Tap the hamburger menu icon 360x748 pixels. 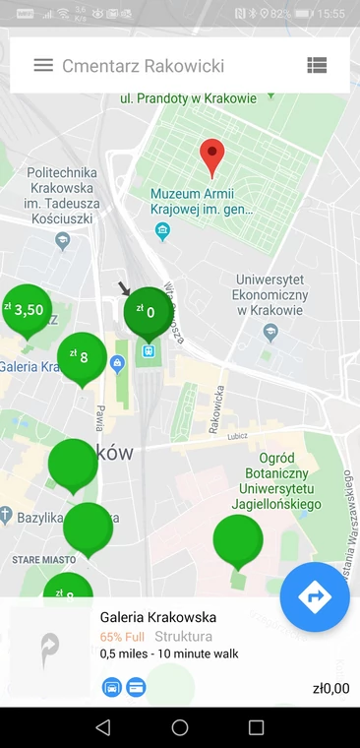(x=43, y=66)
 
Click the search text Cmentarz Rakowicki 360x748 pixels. (x=143, y=66)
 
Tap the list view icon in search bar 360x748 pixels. (x=316, y=66)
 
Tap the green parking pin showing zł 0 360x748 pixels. (x=148, y=313)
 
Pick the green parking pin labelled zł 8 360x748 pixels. (x=82, y=357)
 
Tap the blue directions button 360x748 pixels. (x=314, y=595)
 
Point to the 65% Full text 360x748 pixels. (x=122, y=636)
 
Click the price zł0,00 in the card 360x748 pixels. (x=329, y=689)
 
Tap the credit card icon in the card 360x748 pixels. (x=137, y=686)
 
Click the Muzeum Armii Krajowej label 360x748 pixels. (x=201, y=202)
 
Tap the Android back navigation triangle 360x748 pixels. (x=103, y=727)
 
